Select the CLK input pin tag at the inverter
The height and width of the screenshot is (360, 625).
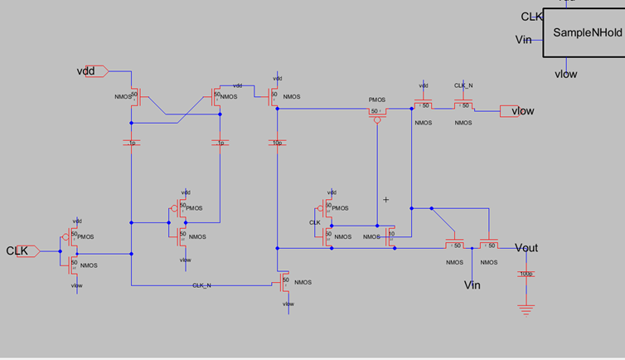22,251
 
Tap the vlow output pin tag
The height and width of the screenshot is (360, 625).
518,111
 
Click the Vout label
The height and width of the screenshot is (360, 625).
526,248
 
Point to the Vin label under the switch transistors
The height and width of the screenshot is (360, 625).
472,285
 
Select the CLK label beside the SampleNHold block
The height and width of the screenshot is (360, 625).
531,17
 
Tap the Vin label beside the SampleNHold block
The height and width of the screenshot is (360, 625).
523,40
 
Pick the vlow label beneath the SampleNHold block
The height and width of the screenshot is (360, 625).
565,74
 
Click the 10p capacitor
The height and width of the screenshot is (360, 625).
278,143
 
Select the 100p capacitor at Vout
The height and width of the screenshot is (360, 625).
524,274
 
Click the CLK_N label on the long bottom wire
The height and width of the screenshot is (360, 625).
201,285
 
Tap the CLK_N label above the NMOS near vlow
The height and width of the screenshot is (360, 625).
463,85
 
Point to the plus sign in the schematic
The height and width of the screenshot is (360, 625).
385,200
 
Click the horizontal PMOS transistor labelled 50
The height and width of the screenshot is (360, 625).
377,112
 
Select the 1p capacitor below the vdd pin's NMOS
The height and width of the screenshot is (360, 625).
131,143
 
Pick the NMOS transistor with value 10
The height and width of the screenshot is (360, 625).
390,236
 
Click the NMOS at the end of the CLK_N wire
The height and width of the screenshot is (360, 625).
282,281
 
